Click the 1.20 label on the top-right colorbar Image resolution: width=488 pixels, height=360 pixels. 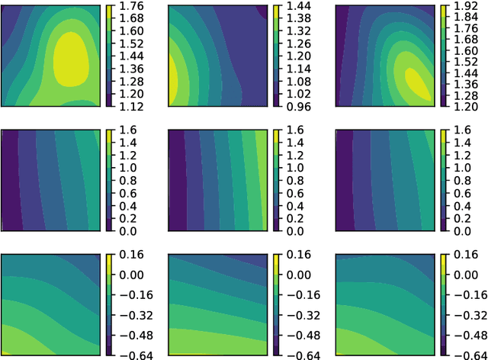(463, 104)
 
